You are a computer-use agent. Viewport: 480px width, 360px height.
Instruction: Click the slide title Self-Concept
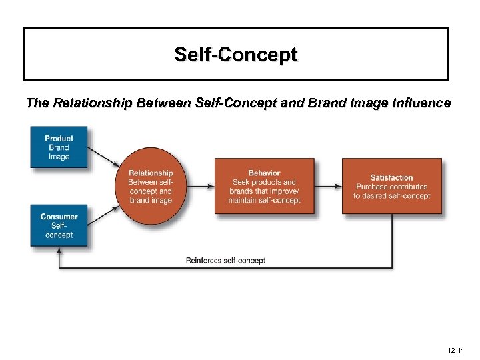coord(236,54)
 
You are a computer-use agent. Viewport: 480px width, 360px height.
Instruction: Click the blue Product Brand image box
coord(59,147)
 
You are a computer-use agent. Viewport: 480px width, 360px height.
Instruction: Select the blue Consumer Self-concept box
coord(59,225)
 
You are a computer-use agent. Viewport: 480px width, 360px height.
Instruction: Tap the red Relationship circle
coord(150,186)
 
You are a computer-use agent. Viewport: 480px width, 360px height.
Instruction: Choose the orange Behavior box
coord(264,186)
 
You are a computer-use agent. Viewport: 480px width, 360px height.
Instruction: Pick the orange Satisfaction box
coord(391,186)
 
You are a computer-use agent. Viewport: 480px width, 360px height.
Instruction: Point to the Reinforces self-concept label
coord(225,260)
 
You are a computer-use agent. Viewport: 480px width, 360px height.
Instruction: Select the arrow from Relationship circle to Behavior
coord(201,186)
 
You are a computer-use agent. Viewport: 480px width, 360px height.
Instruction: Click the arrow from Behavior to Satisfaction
coord(327,186)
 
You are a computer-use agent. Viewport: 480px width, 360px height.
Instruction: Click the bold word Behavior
coord(264,173)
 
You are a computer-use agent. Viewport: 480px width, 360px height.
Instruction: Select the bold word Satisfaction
coord(391,177)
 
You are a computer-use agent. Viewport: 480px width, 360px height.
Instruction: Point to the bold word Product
coord(59,139)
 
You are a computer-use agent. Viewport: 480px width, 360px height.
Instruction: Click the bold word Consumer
coord(59,217)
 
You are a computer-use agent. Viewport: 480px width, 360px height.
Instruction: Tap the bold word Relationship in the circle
coord(150,173)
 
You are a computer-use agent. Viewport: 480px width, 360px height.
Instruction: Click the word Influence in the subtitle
coord(419,103)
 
